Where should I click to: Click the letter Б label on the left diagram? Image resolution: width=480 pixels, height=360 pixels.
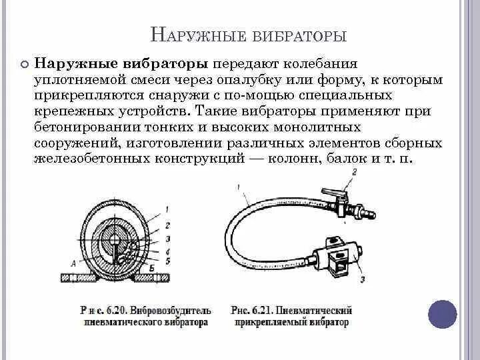(152, 267)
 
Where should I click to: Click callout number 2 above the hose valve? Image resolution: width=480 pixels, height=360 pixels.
(354, 172)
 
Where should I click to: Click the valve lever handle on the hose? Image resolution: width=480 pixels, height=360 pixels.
(333, 191)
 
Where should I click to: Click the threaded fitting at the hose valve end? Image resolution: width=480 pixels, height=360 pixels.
(365, 215)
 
